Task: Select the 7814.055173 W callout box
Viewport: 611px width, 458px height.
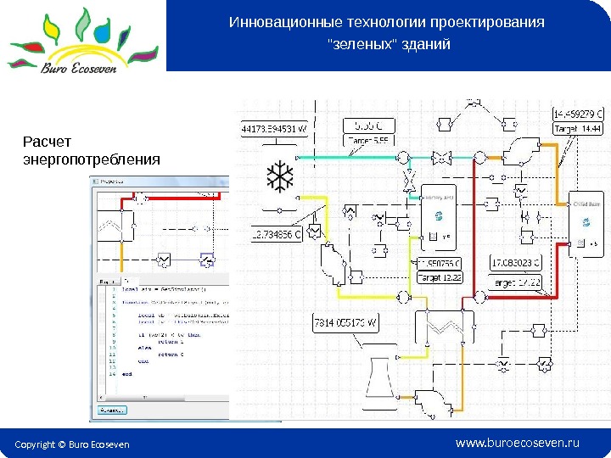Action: coord(345,323)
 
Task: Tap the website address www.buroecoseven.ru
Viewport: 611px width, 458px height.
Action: coord(517,443)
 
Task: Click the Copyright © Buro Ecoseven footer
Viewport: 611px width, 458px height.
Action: coord(72,444)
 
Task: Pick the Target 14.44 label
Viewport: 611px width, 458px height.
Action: coord(577,129)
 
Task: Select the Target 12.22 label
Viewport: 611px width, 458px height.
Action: coord(440,276)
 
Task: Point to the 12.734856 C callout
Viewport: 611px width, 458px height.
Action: coord(277,235)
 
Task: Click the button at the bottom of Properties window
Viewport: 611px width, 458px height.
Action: coord(109,411)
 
